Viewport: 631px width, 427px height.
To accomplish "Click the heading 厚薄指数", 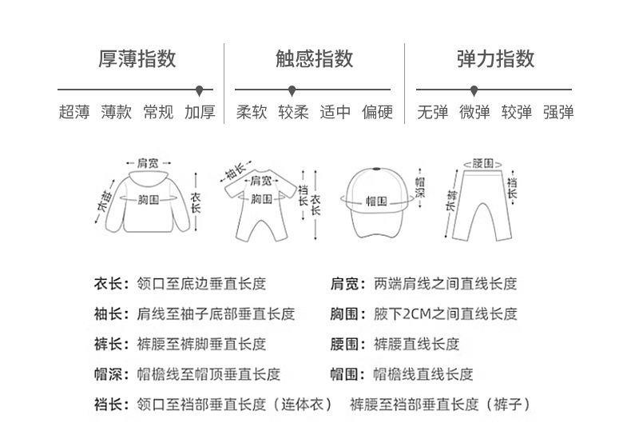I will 137,59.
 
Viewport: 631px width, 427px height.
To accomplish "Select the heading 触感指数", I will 314,59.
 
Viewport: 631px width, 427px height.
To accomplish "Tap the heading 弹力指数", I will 495,59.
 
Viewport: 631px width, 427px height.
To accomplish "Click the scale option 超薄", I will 74,112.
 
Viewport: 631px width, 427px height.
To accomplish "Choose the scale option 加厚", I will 200,112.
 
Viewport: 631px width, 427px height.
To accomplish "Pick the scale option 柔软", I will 252,112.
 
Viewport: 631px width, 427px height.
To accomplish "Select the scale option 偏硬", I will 377,112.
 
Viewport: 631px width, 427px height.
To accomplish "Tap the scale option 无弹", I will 432,112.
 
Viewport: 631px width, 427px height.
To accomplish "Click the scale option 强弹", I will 558,112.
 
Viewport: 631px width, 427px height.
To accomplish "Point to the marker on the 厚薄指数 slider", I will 199,90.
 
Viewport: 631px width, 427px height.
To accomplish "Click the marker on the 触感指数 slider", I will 292,90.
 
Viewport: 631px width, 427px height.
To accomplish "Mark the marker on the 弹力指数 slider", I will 474,90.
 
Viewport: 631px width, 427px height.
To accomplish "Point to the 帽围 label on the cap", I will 376,201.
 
